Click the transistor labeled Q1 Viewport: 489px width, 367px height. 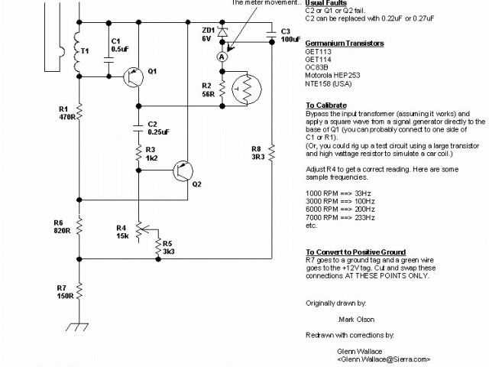(132, 74)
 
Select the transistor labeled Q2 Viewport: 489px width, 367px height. (181, 172)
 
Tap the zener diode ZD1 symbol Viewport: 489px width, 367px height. (222, 33)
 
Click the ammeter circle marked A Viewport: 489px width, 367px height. (222, 56)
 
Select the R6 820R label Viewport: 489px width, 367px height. (63, 225)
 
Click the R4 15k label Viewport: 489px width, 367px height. (121, 231)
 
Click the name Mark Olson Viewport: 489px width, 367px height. (356, 319)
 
